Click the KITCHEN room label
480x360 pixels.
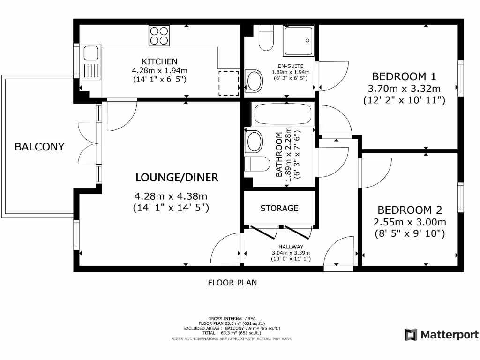click(x=159, y=61)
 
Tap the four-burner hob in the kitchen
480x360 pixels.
click(x=159, y=36)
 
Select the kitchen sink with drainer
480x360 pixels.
click(x=91, y=62)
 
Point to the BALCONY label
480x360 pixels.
click(x=39, y=147)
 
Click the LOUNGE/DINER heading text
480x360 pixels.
click(x=177, y=178)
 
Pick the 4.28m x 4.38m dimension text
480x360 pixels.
click(x=171, y=196)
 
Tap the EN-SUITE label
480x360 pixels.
click(x=291, y=66)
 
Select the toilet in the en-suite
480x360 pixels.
click(x=266, y=38)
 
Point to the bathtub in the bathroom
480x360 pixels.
click(x=283, y=114)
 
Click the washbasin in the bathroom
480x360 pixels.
click(x=254, y=142)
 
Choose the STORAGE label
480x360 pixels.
click(x=279, y=208)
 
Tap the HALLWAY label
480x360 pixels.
click(x=291, y=247)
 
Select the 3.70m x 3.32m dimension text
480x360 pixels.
click(x=404, y=89)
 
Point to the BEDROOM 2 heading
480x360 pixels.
click(x=410, y=210)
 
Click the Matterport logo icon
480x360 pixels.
click(x=411, y=335)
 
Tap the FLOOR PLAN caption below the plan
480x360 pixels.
click(x=232, y=283)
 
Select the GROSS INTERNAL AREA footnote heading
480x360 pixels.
click(x=232, y=319)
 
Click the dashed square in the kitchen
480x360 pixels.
click(x=229, y=83)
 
